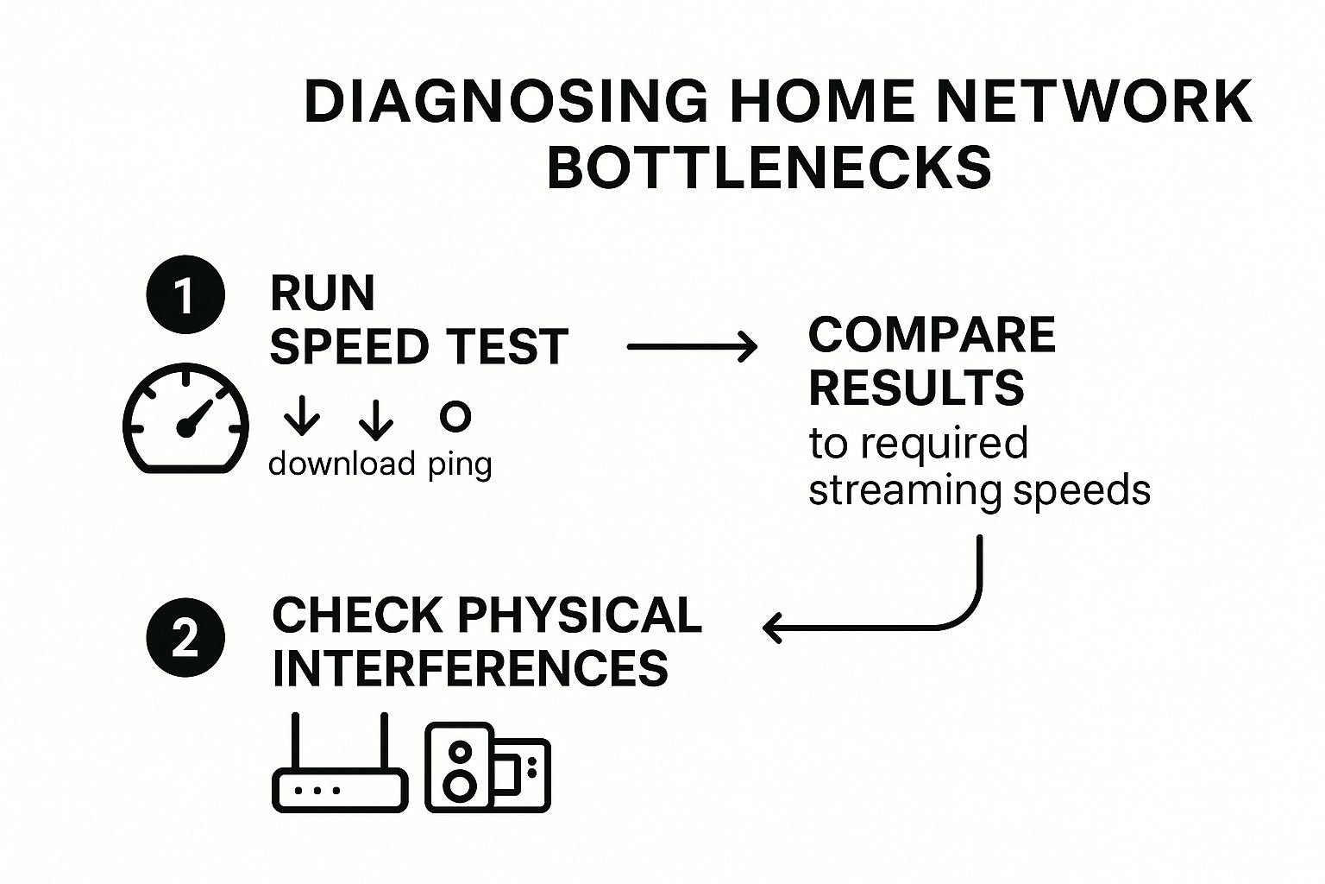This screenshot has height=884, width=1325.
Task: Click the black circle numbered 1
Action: pyautogui.click(x=185, y=295)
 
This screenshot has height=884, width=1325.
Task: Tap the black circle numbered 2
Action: pyautogui.click(x=185, y=640)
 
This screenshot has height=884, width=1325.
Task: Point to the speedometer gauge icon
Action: pyautogui.click(x=185, y=420)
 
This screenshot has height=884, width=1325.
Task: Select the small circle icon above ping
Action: pyautogui.click(x=455, y=416)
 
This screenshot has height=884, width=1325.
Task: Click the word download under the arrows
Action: pyautogui.click(x=342, y=464)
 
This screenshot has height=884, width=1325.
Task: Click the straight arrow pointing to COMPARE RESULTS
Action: pyautogui.click(x=692, y=347)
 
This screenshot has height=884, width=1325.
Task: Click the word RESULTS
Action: pyautogui.click(x=916, y=388)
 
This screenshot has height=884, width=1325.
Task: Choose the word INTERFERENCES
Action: pyautogui.click(x=470, y=667)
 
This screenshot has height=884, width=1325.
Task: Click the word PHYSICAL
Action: pyautogui.click(x=579, y=615)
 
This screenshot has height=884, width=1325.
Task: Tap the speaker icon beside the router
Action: pyautogui.click(x=487, y=767)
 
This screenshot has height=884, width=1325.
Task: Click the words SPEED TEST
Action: pyautogui.click(x=418, y=347)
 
